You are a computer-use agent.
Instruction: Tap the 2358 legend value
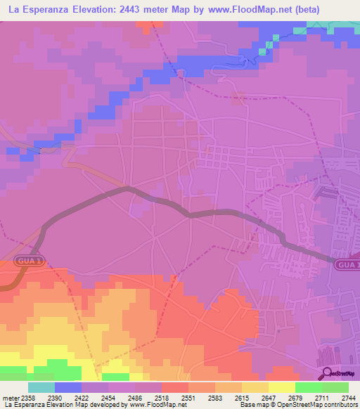click(x=29, y=398)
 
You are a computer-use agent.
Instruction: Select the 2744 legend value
click(x=348, y=398)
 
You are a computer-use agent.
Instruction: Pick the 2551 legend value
click(x=188, y=398)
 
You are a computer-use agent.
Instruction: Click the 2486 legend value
click(x=135, y=398)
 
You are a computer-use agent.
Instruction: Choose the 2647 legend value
click(x=269, y=398)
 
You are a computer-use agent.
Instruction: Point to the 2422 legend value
click(x=82, y=398)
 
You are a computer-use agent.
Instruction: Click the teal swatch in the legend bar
click(x=41, y=387)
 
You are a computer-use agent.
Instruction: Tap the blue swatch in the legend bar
click(x=68, y=387)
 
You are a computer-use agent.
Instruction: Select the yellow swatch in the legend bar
click(x=281, y=387)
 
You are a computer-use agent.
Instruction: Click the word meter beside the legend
click(x=10, y=398)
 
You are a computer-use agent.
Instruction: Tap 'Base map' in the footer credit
click(x=252, y=405)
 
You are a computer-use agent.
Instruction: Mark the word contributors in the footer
click(x=340, y=405)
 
